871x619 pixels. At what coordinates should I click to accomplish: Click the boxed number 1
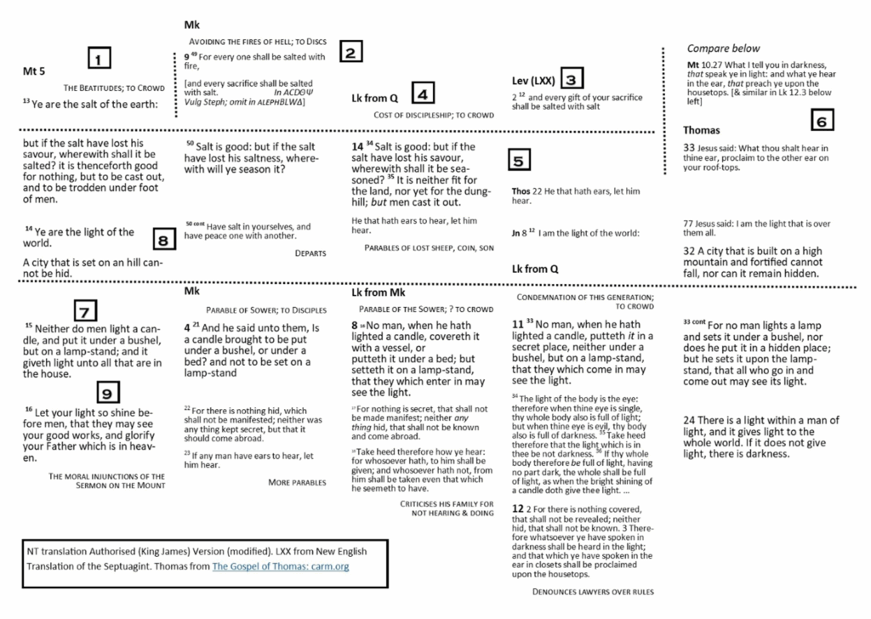click(100, 60)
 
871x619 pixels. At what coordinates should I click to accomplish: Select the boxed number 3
click(572, 81)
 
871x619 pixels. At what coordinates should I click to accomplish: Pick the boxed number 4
click(423, 94)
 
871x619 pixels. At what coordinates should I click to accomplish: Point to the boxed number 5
click(519, 160)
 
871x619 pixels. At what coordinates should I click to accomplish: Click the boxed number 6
click(821, 122)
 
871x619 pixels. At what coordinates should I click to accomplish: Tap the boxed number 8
click(163, 241)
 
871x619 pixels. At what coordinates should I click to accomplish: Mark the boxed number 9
click(105, 393)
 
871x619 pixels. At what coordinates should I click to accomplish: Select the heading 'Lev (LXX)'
click(532, 81)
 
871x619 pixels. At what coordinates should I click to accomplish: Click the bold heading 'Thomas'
click(702, 130)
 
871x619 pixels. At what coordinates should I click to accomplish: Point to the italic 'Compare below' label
click(723, 48)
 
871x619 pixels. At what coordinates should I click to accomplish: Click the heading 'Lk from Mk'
click(379, 292)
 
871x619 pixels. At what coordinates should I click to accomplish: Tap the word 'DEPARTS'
click(311, 253)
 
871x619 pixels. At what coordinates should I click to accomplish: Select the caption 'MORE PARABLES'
click(297, 482)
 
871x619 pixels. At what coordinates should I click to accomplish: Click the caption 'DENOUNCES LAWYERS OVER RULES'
click(593, 591)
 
